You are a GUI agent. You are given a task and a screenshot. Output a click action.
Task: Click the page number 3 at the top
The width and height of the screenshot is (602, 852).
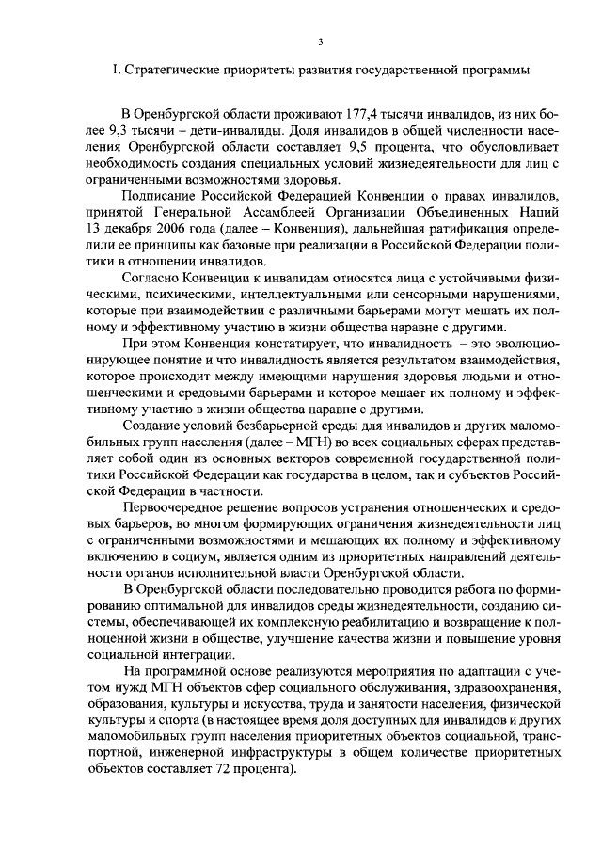pyautogui.click(x=320, y=42)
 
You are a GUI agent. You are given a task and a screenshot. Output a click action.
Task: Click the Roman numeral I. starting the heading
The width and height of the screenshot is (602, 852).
pyautogui.click(x=115, y=70)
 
